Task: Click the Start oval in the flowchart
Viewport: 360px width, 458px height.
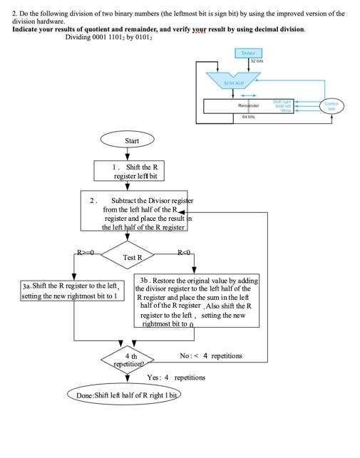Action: tap(131, 140)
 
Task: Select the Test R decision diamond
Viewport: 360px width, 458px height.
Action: tap(133, 256)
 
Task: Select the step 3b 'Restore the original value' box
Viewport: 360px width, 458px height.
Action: tap(195, 301)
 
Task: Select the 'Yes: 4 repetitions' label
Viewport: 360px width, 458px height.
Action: tap(176, 377)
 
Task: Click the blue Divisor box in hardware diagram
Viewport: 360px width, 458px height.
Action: tap(248, 53)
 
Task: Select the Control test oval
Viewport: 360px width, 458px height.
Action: tap(331, 105)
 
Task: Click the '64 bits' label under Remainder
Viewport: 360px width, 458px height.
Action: tap(248, 116)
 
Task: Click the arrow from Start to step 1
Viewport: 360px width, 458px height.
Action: tap(131, 154)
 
